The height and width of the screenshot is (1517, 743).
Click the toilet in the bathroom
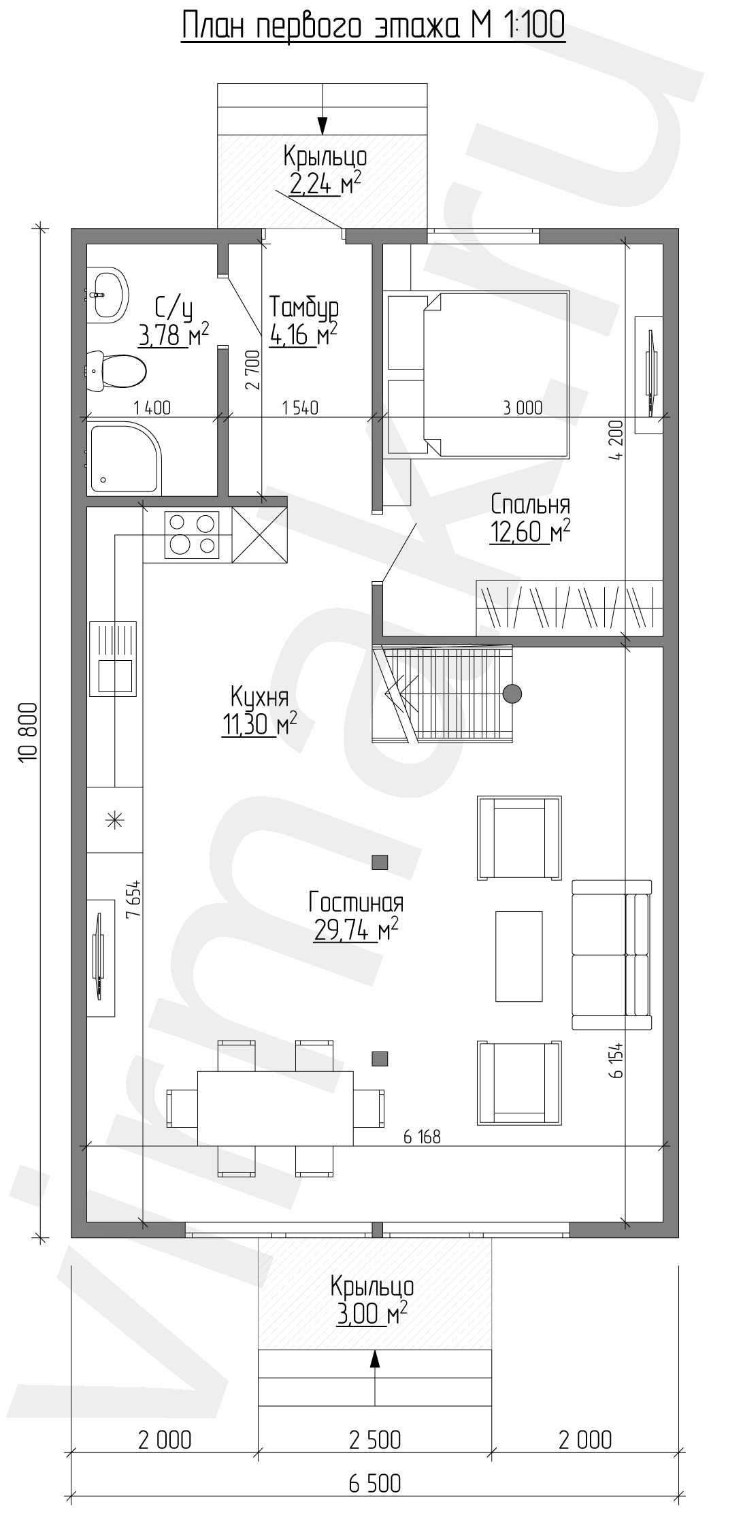(116, 371)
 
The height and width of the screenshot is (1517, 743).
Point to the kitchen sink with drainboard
(112, 658)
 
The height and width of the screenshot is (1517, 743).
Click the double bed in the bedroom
(478, 374)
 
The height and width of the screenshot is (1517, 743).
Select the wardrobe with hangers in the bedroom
(569, 607)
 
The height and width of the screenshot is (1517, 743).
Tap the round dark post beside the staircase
(512, 694)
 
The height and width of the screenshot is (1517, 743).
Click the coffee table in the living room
(519, 956)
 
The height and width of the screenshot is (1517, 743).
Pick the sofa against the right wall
(612, 954)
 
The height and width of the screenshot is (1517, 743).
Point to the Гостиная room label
(356, 903)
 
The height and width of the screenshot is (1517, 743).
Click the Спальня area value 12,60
(518, 533)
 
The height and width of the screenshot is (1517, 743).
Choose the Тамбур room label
(303, 308)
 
